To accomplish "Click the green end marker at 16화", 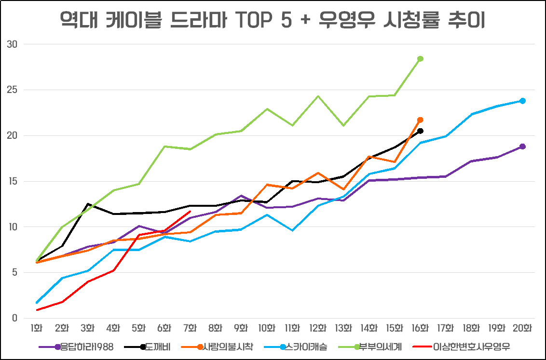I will click(420, 59).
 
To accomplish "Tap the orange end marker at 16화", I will click(420, 120).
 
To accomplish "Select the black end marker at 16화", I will click(420, 131).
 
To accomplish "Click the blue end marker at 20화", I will click(522, 101).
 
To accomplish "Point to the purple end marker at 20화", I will click(522, 147).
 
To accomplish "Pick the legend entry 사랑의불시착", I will click(226, 347).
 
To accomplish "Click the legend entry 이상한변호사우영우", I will click(471, 347).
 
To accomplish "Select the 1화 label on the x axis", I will click(37, 328).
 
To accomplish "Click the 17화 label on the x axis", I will click(446, 328).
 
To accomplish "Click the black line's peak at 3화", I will click(88, 204).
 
